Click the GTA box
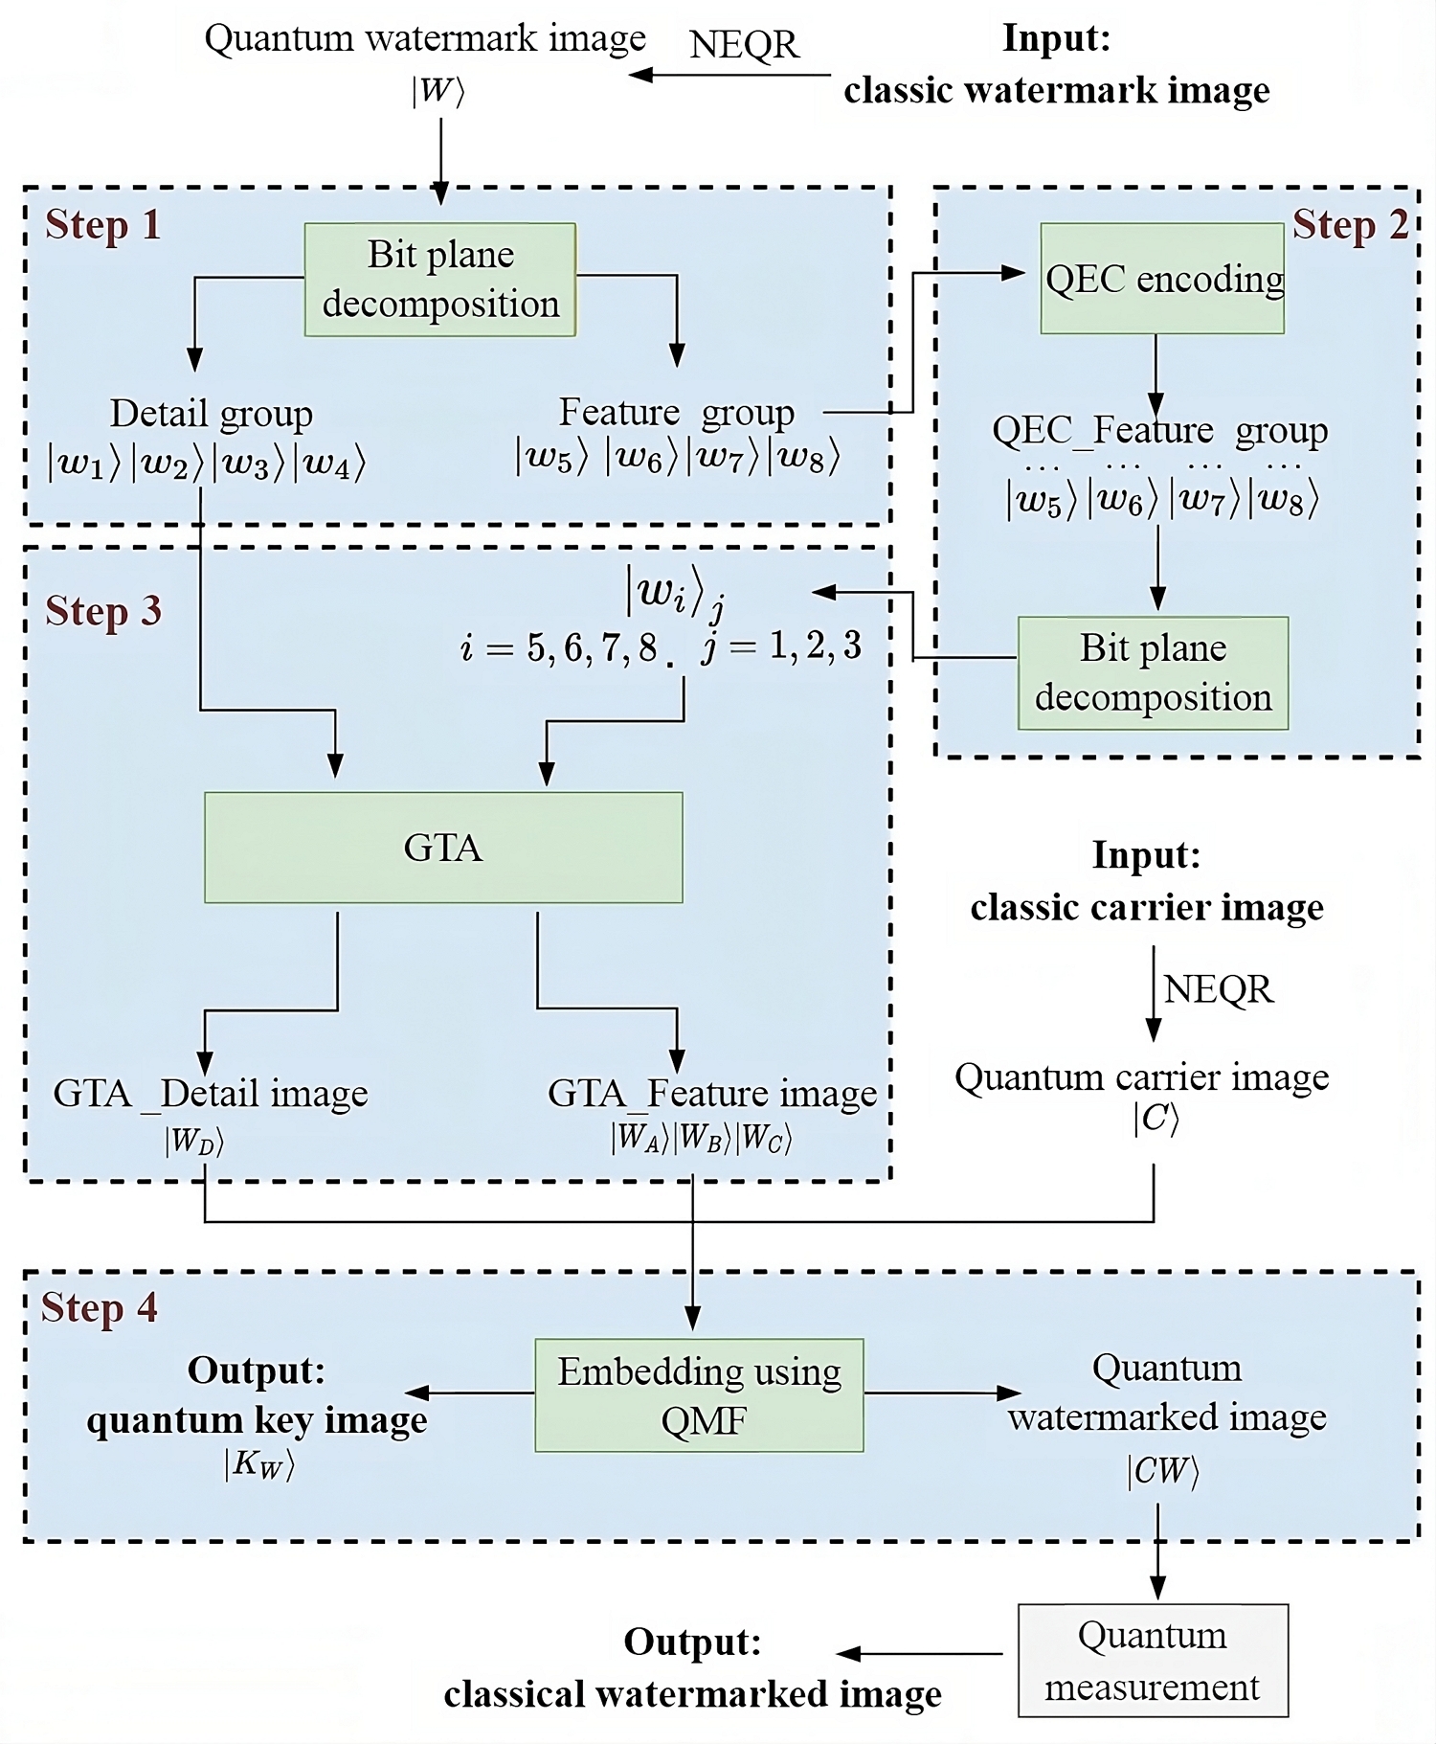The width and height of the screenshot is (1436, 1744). pyautogui.click(x=443, y=848)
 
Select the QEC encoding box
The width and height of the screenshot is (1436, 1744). pyautogui.click(x=1162, y=279)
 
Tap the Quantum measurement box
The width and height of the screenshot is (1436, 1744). pyautogui.click(x=1153, y=1661)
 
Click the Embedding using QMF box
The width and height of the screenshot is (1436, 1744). pyautogui.click(x=699, y=1395)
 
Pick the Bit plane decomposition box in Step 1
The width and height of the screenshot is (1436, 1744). pyautogui.click(x=440, y=280)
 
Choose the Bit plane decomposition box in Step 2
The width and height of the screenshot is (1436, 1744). pyautogui.click(x=1153, y=673)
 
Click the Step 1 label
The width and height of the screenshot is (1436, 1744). pyautogui.click(x=102, y=226)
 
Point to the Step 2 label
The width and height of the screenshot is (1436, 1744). pyautogui.click(x=1350, y=226)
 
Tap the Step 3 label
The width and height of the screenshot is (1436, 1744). pyautogui.click(x=103, y=612)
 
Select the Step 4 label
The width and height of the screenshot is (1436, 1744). pyautogui.click(x=100, y=1308)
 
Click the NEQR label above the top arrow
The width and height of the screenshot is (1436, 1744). pyautogui.click(x=744, y=45)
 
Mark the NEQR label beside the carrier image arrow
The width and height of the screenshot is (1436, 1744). pyautogui.click(x=1219, y=989)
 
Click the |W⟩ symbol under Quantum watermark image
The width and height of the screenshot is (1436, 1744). pyautogui.click(x=438, y=91)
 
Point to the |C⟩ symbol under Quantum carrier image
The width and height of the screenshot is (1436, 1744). pyautogui.click(x=1156, y=1119)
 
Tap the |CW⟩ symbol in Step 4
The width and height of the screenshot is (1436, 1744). pyautogui.click(x=1162, y=1471)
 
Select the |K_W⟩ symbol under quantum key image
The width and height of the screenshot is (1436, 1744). pyautogui.click(x=258, y=1464)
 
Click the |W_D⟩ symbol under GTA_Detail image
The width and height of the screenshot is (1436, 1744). pyautogui.click(x=194, y=1141)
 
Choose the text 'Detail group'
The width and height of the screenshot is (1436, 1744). pyautogui.click(x=212, y=414)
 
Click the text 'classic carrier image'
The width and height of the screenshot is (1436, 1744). pyautogui.click(x=1147, y=907)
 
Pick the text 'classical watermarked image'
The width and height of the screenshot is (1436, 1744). pyautogui.click(x=692, y=1694)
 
